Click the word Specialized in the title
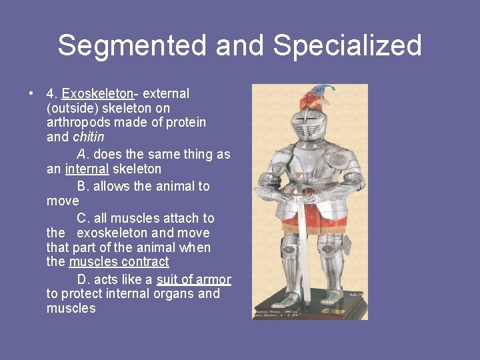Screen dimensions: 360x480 (x=347, y=46)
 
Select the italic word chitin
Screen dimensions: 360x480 (x=88, y=137)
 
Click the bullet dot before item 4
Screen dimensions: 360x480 (x=31, y=94)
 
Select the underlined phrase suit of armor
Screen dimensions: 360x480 (x=193, y=279)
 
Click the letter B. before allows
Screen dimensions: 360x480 (x=83, y=186)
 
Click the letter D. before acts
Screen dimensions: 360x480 (x=83, y=279)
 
